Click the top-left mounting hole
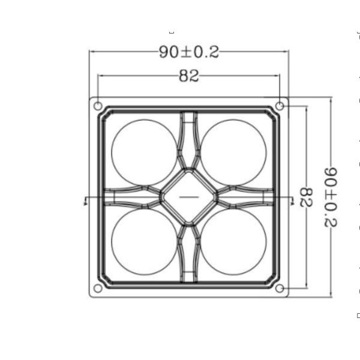point(98,106)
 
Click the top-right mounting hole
point(280,106)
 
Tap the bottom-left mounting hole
point(98,289)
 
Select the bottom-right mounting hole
point(280,289)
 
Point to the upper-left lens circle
point(145,152)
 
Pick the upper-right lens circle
point(233,152)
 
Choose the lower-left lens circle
point(145,242)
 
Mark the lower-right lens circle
point(233,242)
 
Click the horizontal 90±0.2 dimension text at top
point(189,52)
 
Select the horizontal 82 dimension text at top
point(189,76)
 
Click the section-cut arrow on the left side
point(86,201)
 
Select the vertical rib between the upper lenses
point(189,138)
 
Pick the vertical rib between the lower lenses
point(189,255)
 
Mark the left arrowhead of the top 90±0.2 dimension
point(92,52)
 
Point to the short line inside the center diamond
point(189,197)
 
